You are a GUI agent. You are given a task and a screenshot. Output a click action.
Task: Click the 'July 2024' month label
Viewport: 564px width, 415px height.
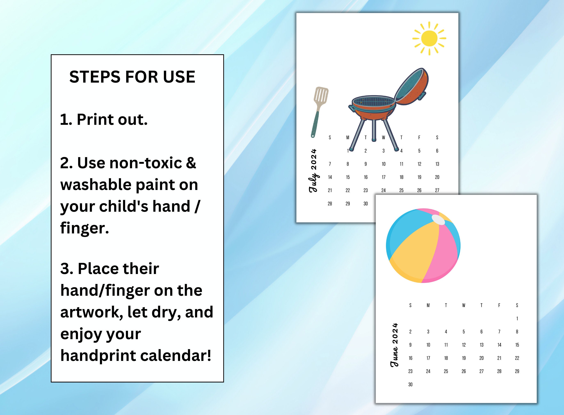[313, 171]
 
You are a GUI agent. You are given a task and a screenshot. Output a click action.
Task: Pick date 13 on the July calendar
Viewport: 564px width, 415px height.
[437, 164]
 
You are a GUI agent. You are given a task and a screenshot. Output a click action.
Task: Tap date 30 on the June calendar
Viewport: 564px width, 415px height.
[410, 384]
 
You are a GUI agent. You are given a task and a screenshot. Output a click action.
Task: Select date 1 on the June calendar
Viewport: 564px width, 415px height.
[517, 318]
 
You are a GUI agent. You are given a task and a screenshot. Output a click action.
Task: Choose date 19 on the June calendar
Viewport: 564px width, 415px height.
[464, 358]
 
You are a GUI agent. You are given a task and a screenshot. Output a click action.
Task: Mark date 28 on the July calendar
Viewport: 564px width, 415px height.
[330, 204]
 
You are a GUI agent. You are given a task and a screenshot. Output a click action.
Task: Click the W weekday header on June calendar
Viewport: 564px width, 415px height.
[464, 305]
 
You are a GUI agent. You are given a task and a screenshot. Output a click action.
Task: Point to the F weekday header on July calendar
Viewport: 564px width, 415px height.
[419, 138]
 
